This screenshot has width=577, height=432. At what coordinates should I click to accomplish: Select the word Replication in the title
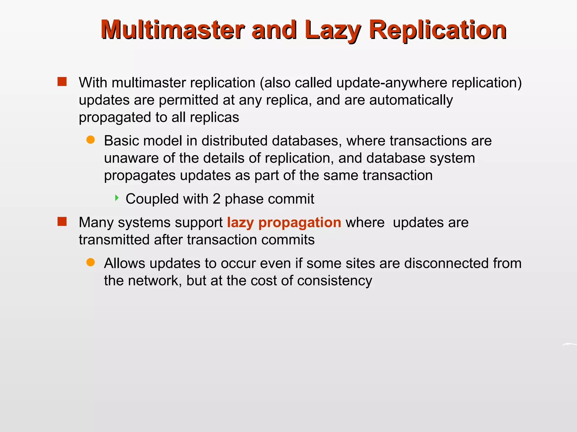coord(438,30)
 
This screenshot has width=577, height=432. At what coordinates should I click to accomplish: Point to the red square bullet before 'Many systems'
coord(62,222)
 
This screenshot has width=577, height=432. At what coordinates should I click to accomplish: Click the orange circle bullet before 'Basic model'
coord(90,140)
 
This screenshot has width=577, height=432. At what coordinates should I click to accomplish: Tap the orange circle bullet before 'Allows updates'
coord(90,262)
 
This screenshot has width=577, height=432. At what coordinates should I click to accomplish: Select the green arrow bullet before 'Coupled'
coord(117,198)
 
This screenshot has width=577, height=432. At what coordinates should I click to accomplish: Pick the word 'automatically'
coord(411,100)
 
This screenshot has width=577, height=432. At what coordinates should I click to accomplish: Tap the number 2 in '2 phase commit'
coord(216,199)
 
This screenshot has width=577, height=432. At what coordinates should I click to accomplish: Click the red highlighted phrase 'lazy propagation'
coord(284,222)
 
